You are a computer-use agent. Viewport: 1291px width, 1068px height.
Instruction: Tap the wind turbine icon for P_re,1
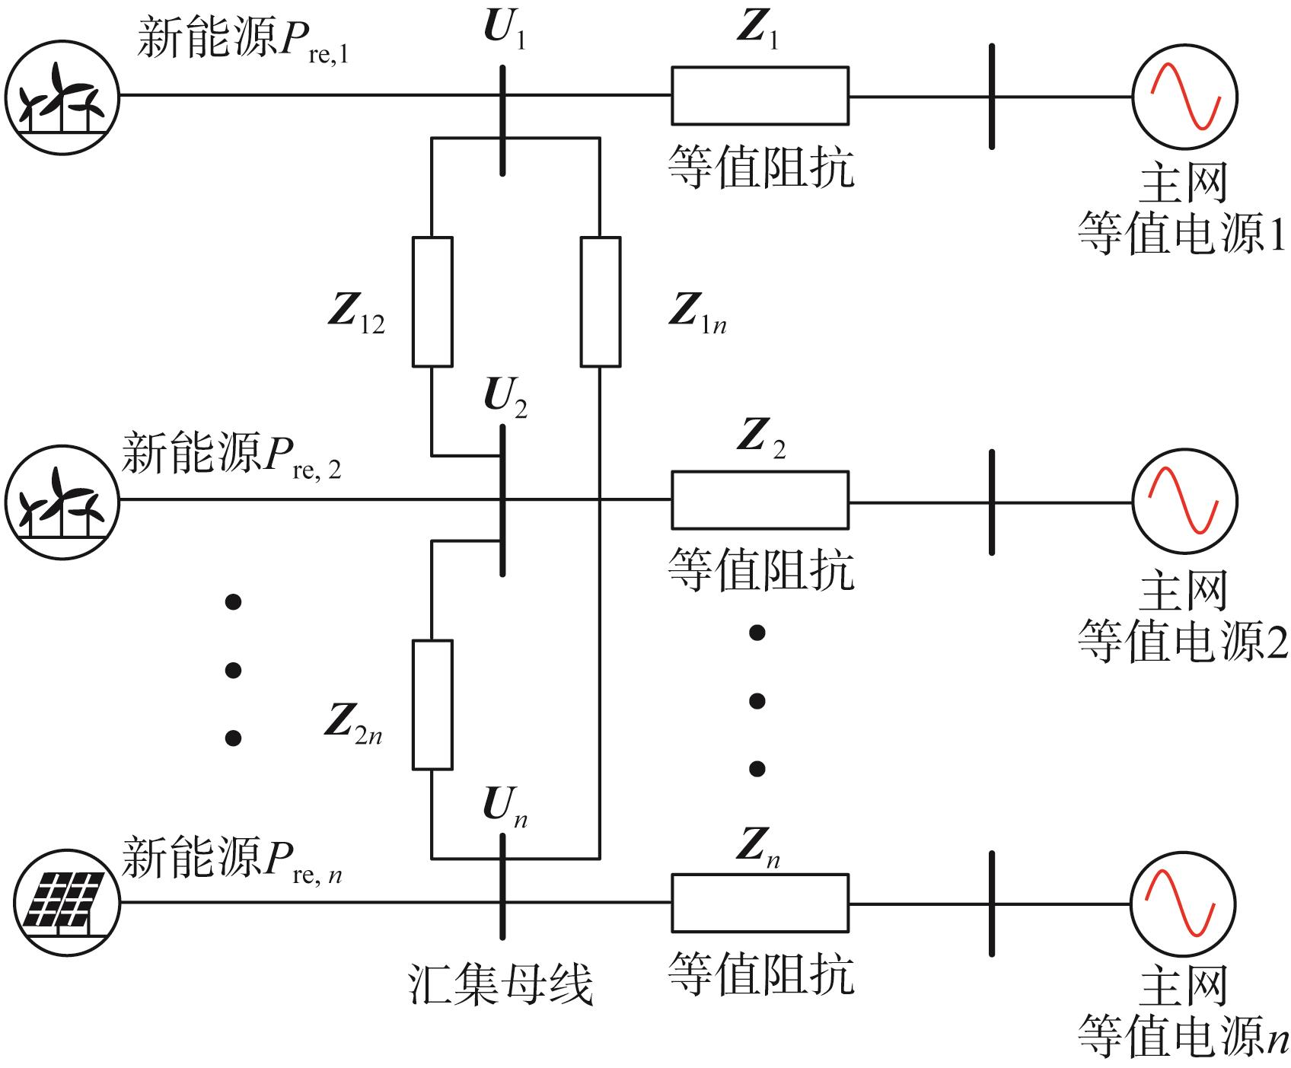[62, 96]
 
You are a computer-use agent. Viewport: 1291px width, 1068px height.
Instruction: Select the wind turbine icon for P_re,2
[62, 500]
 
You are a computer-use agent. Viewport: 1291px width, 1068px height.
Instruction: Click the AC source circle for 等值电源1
[1184, 97]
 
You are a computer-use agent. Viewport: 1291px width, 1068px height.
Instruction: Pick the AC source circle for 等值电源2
[1184, 501]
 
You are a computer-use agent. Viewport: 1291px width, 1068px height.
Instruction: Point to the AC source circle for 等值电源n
[1184, 904]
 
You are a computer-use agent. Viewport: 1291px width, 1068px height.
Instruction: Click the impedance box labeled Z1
[760, 96]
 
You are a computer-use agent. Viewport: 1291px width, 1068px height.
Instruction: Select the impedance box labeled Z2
[760, 500]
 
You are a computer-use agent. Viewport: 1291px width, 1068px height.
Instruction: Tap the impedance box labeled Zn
[760, 903]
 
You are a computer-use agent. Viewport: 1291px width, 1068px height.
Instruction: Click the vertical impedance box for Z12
[432, 301]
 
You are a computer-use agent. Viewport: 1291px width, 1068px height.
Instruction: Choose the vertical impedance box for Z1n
[600, 301]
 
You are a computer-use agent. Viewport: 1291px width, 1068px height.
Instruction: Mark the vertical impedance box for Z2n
[432, 704]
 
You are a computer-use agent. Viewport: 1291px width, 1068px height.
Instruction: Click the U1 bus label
[504, 29]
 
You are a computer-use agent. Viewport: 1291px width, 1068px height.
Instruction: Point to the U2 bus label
[505, 397]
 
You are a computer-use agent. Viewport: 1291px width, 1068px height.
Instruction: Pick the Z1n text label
[697, 312]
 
